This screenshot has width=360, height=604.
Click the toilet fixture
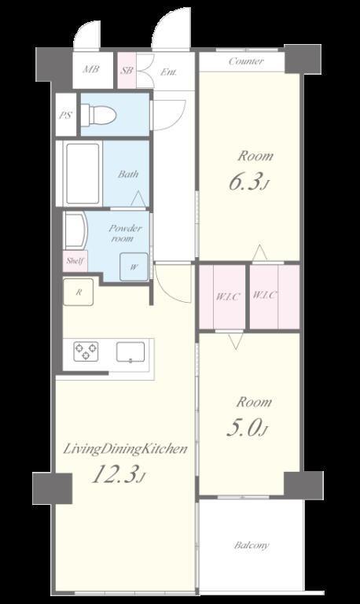coord(98,114)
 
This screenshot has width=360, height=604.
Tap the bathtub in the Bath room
coord(83,173)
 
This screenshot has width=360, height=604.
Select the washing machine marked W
coord(134,267)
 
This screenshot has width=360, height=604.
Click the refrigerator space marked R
coord(79,292)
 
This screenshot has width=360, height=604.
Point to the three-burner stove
coord(86,352)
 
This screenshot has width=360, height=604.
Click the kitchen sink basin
coord(130,352)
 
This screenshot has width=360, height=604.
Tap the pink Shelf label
coord(75,261)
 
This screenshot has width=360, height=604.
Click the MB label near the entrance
coord(92,69)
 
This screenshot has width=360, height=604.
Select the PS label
coord(66,115)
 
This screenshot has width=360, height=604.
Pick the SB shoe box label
coord(127,71)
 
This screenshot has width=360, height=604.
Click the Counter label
coord(246,61)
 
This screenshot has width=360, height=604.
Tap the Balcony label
coord(252,546)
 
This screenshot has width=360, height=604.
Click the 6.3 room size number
coord(244,182)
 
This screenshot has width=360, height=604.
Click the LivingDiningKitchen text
coord(125,449)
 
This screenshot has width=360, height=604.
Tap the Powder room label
coord(123,233)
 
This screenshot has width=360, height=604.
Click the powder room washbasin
coord(75,230)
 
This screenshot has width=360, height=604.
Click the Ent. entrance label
coord(168,72)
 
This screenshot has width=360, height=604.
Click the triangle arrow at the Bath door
coord(138,198)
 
